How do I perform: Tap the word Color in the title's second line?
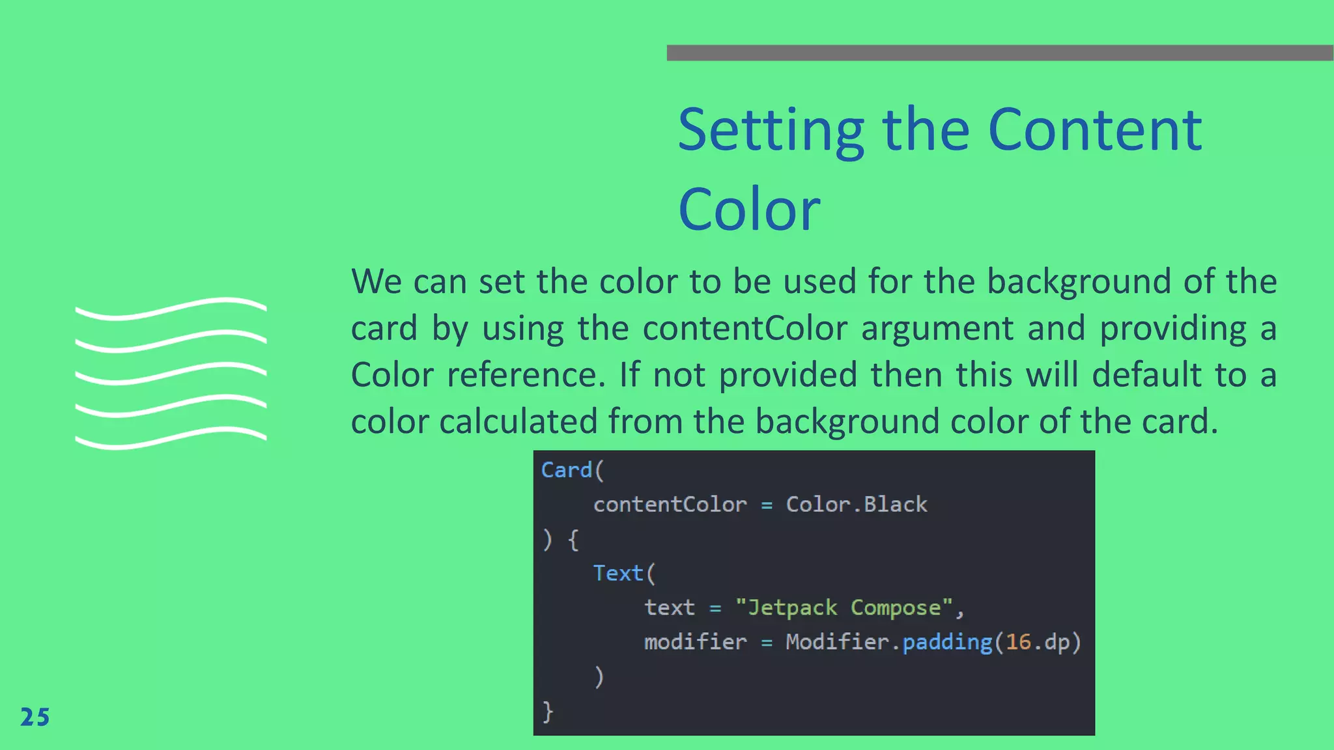[749, 210]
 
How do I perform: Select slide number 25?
[35, 717]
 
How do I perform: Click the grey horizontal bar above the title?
[1000, 53]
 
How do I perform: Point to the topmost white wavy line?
[171, 309]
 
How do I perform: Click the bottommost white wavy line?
[171, 438]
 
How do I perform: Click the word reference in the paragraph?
[527, 375]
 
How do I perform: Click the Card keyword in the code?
[566, 470]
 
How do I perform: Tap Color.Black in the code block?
[856, 505]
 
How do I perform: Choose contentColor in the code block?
[670, 505]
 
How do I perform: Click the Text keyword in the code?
[617, 573]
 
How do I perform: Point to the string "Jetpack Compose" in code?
[844, 607]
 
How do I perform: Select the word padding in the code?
[947, 642]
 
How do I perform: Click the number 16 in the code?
[1018, 642]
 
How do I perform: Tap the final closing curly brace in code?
[548, 711]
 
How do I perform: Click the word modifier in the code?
[695, 642]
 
